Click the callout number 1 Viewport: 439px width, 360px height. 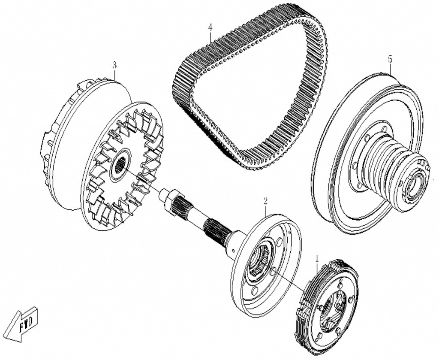pyautogui.click(x=317, y=259)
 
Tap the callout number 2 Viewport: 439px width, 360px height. pyautogui.click(x=265, y=201)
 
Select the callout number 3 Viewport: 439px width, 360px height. pyautogui.click(x=114, y=65)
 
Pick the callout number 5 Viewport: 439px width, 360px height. pyautogui.click(x=390, y=59)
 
